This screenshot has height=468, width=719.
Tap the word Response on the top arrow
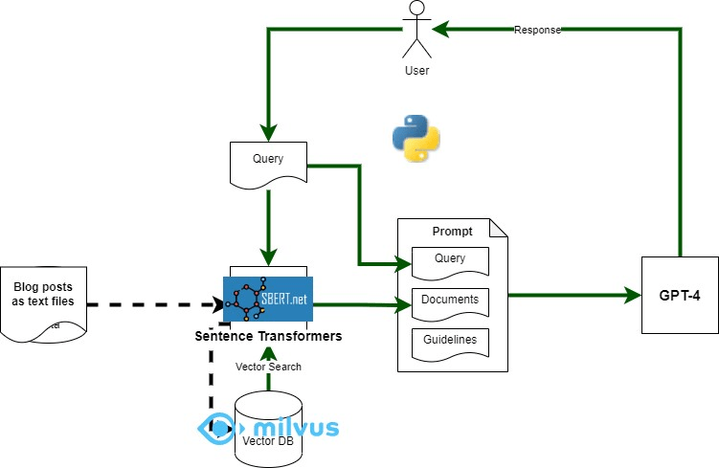pyautogui.click(x=537, y=31)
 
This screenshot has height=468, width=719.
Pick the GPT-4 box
pyautogui.click(x=680, y=295)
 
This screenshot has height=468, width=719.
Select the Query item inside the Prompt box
pyautogui.click(x=450, y=259)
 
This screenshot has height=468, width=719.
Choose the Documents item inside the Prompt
pyautogui.click(x=450, y=301)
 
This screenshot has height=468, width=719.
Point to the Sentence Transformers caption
pyautogui.click(x=268, y=337)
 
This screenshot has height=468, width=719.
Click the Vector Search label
pyautogui.click(x=268, y=367)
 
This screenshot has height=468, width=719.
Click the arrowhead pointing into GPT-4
pyautogui.click(x=633, y=295)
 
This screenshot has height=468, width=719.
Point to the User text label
pyautogui.click(x=416, y=71)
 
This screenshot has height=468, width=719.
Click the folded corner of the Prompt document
pyautogui.click(x=498, y=229)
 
